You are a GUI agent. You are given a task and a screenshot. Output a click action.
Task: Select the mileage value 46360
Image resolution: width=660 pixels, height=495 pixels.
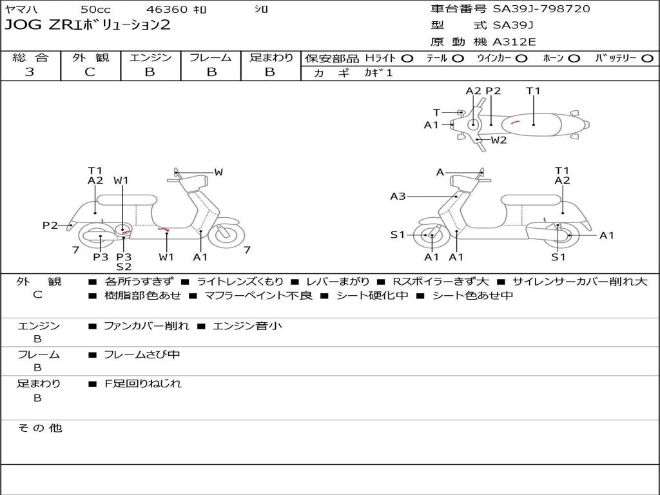tap(167, 10)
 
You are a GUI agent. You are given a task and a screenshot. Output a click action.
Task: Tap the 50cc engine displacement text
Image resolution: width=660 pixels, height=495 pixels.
tap(95, 10)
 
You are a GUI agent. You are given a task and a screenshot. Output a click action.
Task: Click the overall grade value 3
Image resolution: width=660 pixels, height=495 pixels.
tap(30, 72)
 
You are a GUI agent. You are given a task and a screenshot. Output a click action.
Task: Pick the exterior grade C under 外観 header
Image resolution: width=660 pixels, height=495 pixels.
tap(90, 72)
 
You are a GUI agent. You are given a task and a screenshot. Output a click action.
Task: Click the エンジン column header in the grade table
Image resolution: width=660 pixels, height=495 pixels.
tap(150, 57)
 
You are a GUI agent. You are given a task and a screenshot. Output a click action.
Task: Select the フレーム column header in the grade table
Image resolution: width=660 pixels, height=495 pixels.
tap(210, 57)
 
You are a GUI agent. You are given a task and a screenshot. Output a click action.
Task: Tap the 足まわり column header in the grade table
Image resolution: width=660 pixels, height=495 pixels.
tap(271, 57)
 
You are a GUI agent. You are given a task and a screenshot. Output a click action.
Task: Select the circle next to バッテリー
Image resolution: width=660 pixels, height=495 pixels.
tap(647, 59)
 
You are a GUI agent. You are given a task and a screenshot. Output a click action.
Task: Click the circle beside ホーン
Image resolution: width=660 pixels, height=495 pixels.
tap(574, 59)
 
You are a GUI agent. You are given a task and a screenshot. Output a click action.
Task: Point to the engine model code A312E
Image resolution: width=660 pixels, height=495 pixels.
tap(514, 43)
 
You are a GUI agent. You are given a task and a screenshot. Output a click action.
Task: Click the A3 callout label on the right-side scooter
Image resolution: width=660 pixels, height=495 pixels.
tap(398, 197)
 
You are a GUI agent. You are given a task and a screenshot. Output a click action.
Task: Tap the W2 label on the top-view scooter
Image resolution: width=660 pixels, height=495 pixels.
tap(498, 140)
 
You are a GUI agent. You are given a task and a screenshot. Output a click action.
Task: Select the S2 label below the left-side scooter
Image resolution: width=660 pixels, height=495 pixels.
tap(124, 266)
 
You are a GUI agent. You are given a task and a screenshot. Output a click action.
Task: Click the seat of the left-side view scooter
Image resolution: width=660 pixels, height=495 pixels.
tap(136, 200)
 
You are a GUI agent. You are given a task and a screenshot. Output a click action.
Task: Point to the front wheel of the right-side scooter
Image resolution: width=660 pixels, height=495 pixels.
tap(430, 235)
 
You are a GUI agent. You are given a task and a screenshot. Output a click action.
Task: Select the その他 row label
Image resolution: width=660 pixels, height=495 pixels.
tap(39, 428)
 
